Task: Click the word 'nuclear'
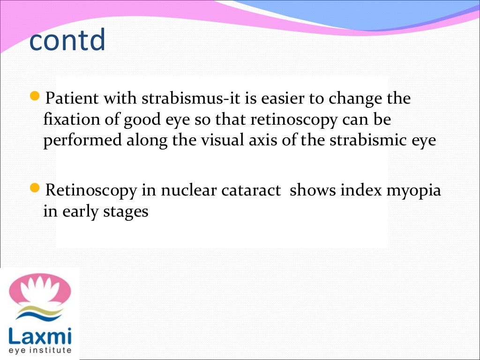(185, 191)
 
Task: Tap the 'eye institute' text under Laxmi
(40, 350)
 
